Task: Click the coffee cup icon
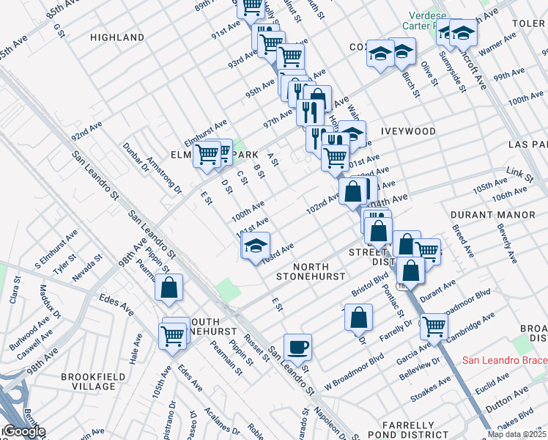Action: (297, 346)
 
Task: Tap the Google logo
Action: (23, 431)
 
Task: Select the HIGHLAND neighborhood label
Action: (117, 37)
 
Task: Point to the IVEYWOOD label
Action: (408, 131)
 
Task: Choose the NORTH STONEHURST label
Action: (309, 271)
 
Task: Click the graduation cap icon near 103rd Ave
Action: (256, 246)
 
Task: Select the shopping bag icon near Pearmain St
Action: (169, 287)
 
